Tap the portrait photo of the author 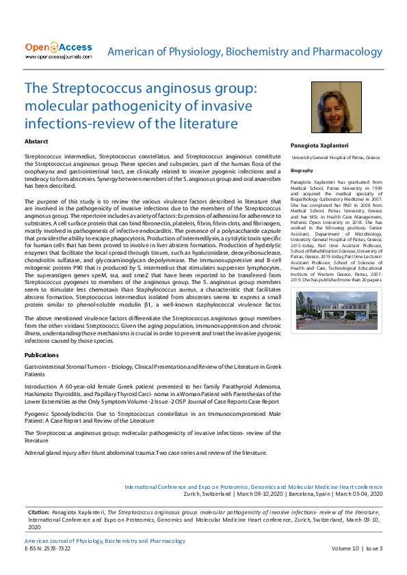[336, 108]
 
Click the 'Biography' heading [302, 170]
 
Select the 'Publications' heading [41, 356]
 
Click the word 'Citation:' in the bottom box [39, 511]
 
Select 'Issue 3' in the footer [373, 548]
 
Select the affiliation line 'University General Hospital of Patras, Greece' [335, 157]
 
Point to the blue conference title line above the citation [253, 487]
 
